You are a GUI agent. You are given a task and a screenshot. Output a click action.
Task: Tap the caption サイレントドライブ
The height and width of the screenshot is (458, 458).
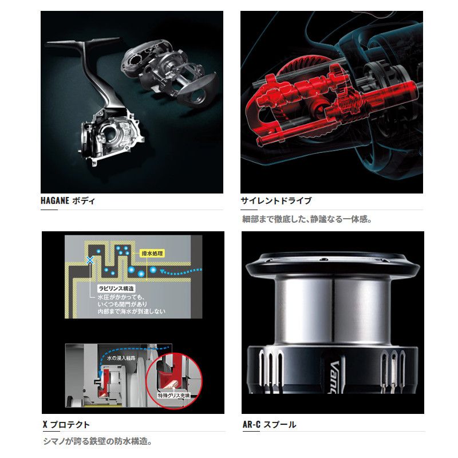(x=277, y=201)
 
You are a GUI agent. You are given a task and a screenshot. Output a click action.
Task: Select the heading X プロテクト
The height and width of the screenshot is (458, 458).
(x=66, y=425)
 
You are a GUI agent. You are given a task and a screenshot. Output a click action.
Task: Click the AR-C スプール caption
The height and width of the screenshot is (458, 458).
(x=270, y=425)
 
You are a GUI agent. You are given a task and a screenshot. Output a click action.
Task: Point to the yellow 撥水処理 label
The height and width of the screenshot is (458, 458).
(x=152, y=253)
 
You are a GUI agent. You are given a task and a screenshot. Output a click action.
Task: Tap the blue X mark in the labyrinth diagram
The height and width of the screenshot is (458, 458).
(x=89, y=260)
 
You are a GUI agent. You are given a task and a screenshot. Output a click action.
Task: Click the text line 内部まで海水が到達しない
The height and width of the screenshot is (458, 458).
(x=131, y=311)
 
